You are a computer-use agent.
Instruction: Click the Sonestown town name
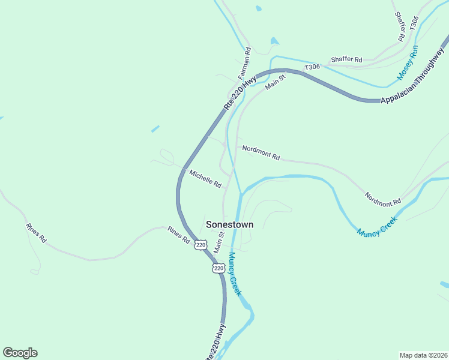[x=229, y=224]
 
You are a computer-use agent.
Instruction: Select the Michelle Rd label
[x=206, y=178]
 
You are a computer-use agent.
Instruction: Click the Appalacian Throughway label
[x=415, y=78]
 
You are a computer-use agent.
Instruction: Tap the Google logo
[x=20, y=353]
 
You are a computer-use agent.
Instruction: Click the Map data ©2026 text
[x=423, y=355]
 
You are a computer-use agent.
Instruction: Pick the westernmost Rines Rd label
[x=36, y=233]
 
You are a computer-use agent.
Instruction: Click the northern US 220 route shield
[x=200, y=245]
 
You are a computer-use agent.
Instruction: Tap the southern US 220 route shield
[x=218, y=268]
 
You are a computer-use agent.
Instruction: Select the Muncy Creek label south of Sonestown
[x=235, y=274]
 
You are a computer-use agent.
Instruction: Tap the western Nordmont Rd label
[x=261, y=153]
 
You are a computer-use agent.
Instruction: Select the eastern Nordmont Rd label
[x=382, y=199]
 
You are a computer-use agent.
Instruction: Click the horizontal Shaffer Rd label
[x=347, y=60]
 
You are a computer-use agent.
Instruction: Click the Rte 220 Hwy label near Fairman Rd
[x=240, y=92]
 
